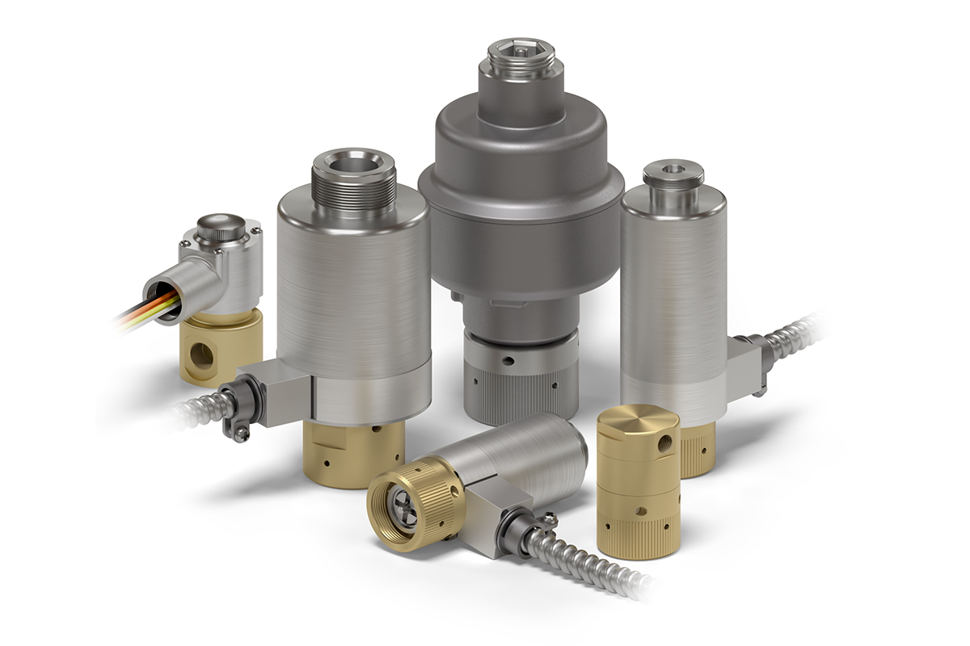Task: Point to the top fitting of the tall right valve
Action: click(x=673, y=178)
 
